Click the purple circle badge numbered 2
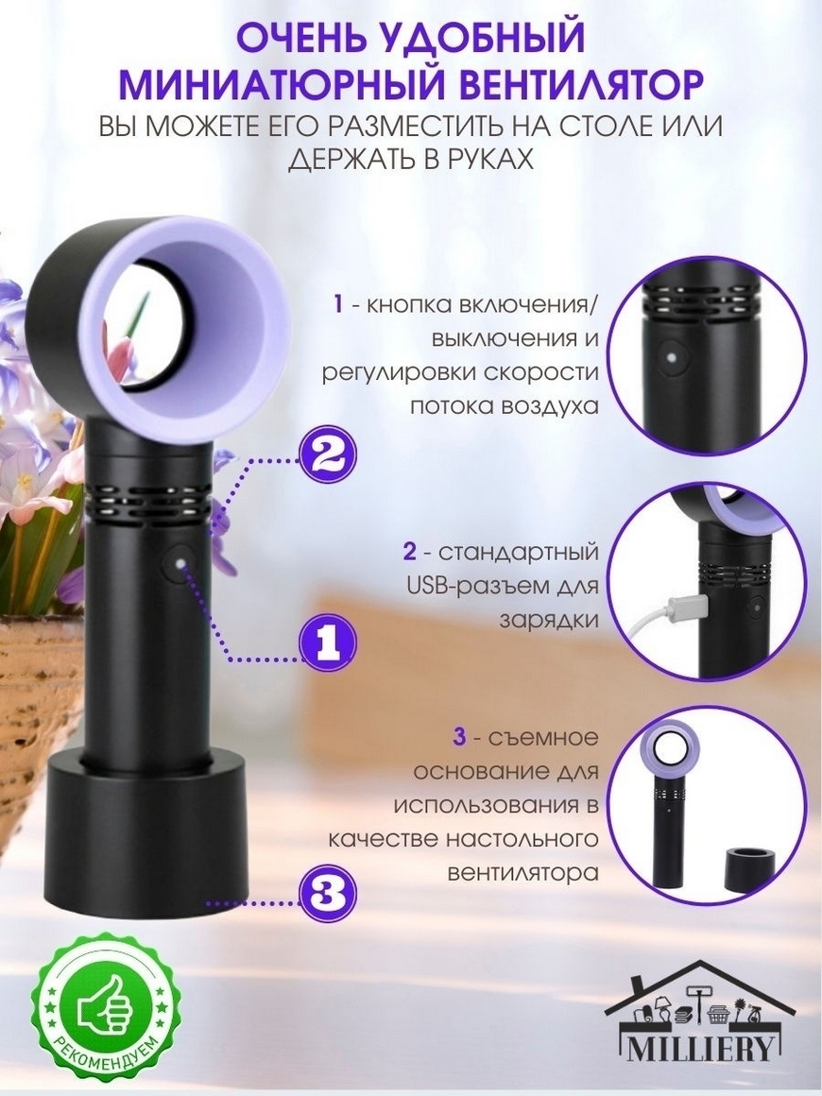[328, 459]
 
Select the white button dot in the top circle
[670, 356]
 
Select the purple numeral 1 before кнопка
[338, 305]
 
